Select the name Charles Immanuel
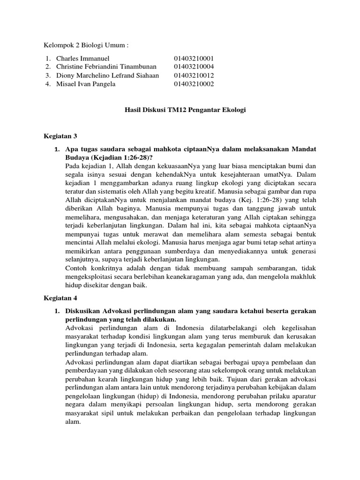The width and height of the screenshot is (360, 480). (x=82, y=58)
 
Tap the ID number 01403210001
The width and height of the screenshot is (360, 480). (x=194, y=58)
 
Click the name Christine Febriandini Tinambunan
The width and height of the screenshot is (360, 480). (x=108, y=67)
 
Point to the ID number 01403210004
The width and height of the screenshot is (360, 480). (x=194, y=67)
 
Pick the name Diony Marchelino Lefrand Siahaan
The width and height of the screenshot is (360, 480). (x=107, y=75)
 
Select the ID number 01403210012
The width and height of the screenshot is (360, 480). (x=194, y=75)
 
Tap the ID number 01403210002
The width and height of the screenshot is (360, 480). (x=194, y=84)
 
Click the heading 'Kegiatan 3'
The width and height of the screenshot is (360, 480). (x=60, y=136)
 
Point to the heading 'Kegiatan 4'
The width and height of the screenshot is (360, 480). (x=60, y=298)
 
